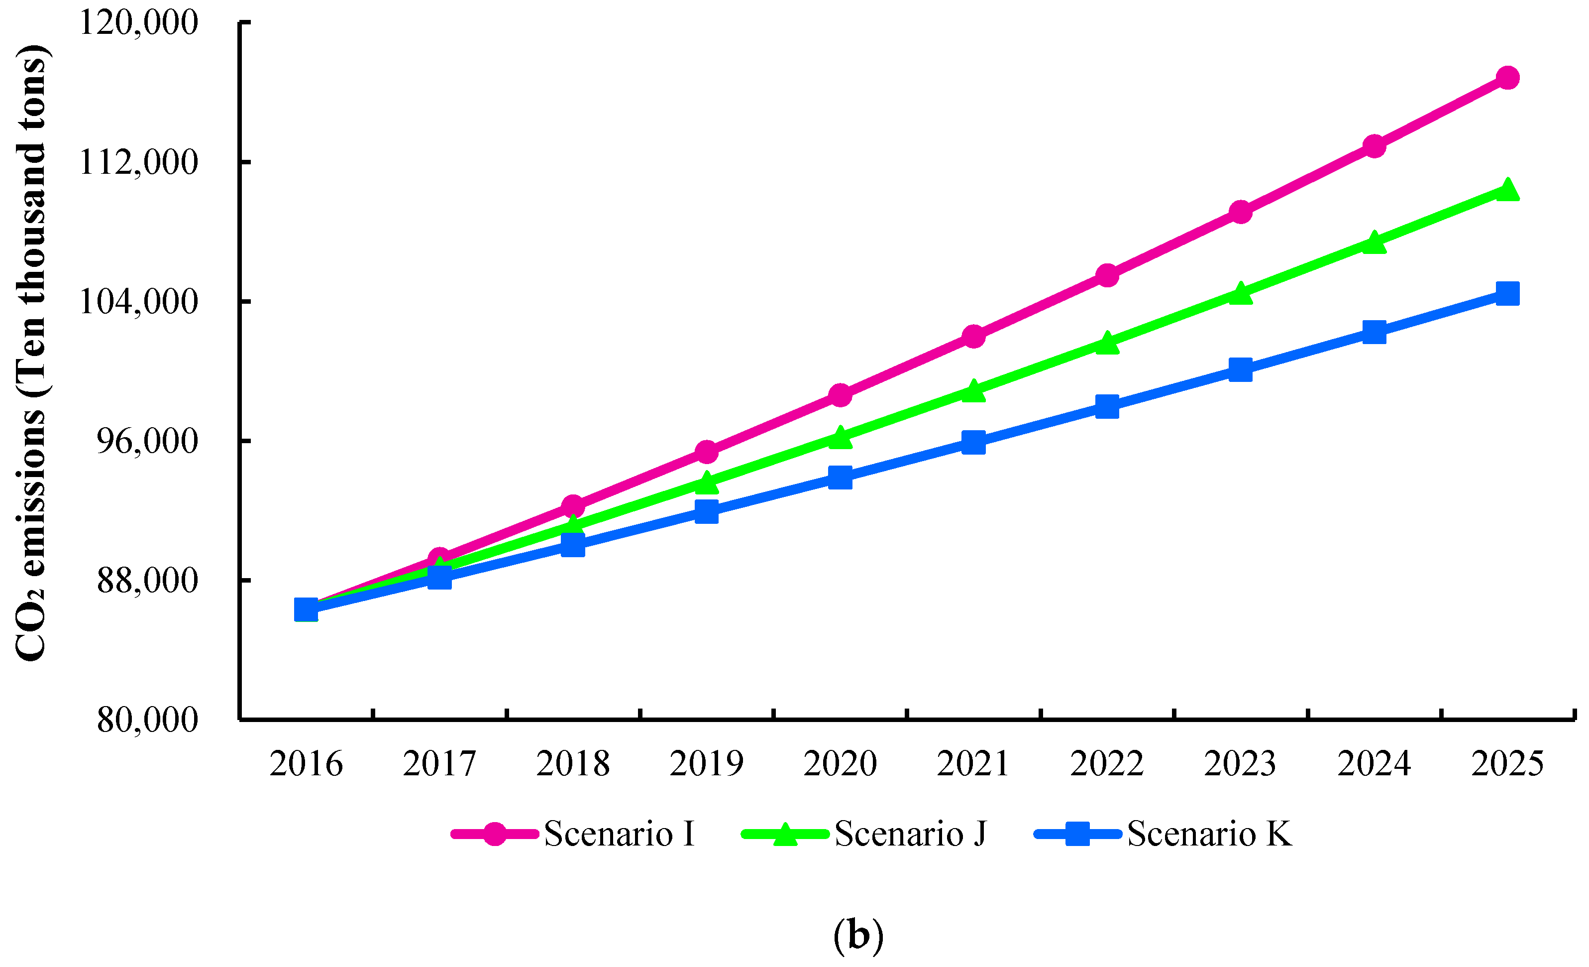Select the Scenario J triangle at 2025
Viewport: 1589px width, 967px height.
tap(1507, 190)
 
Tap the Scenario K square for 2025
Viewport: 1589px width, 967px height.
tap(1507, 293)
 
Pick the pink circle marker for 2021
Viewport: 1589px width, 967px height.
tap(973, 336)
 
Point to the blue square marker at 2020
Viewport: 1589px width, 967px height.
tap(840, 478)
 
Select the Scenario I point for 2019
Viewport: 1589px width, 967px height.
tap(706, 452)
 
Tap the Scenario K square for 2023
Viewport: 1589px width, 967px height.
tap(1240, 369)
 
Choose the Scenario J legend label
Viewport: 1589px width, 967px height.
tap(910, 834)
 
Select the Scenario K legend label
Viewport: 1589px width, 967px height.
tap(1209, 834)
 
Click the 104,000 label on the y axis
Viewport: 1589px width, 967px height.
tap(137, 301)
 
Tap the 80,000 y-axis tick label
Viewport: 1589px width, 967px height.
tap(147, 720)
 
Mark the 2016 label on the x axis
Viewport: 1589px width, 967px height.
tap(306, 764)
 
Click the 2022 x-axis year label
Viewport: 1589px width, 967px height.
tap(1107, 764)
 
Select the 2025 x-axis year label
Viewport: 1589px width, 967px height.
tap(1507, 764)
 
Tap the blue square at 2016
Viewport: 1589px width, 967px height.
tap(306, 609)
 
